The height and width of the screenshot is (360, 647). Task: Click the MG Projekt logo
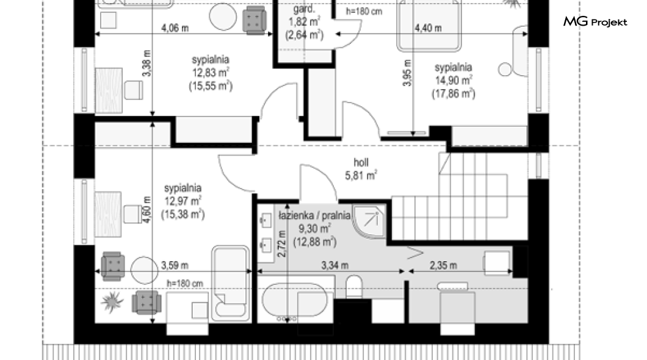tap(595, 22)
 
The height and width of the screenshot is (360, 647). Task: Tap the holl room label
tap(361, 162)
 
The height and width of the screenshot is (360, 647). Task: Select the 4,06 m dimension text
tap(175, 28)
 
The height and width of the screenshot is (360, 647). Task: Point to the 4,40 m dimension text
tap(428, 28)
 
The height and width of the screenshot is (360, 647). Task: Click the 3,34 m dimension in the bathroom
tap(334, 265)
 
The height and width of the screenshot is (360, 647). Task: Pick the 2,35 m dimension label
tap(443, 265)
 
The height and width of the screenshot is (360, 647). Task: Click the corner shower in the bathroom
tap(369, 221)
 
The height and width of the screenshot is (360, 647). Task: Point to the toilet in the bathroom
tap(354, 286)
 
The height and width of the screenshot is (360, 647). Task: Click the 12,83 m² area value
tap(211, 73)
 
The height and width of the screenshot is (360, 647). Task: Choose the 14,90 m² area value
tap(454, 81)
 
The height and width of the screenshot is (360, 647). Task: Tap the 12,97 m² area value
tap(183, 201)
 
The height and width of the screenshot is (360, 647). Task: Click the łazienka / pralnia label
tap(314, 215)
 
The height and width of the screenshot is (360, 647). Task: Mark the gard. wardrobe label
tap(304, 9)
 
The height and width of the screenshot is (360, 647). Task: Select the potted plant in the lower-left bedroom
tap(112, 301)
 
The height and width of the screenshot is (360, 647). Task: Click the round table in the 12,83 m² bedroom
tap(223, 17)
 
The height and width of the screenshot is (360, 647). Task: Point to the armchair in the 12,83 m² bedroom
tap(254, 20)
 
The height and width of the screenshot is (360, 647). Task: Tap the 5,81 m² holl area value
tap(361, 176)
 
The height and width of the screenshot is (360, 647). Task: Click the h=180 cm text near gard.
tap(364, 12)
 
